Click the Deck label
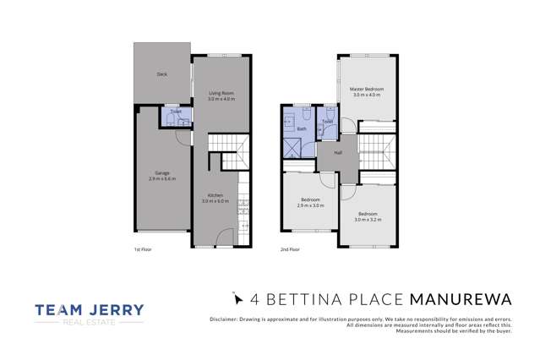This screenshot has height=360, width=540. coord(161,74)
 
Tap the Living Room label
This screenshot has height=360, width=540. coord(221,93)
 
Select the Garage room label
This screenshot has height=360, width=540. coord(161,174)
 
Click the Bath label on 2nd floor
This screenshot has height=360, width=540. coord(301,129)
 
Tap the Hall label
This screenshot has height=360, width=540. coord(338,153)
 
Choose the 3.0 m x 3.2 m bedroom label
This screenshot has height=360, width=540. coord(368,215)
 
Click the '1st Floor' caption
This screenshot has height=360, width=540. coord(142,250)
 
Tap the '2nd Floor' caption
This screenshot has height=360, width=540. coord(289,250)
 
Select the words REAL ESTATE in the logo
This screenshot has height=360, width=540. coord(90,324)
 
